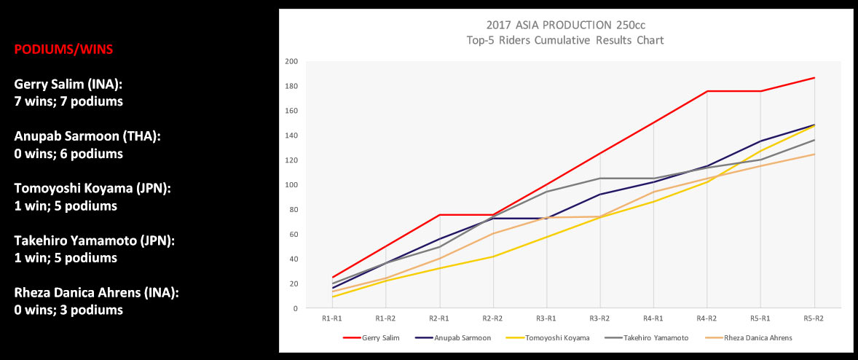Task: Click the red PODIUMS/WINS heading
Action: [x=63, y=50]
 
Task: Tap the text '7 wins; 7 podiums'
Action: [x=68, y=102]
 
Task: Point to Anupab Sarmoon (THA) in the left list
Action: [x=87, y=137]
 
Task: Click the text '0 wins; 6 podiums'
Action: [x=68, y=154]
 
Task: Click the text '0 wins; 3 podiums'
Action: [x=68, y=310]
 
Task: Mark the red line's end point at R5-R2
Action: [x=815, y=78]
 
